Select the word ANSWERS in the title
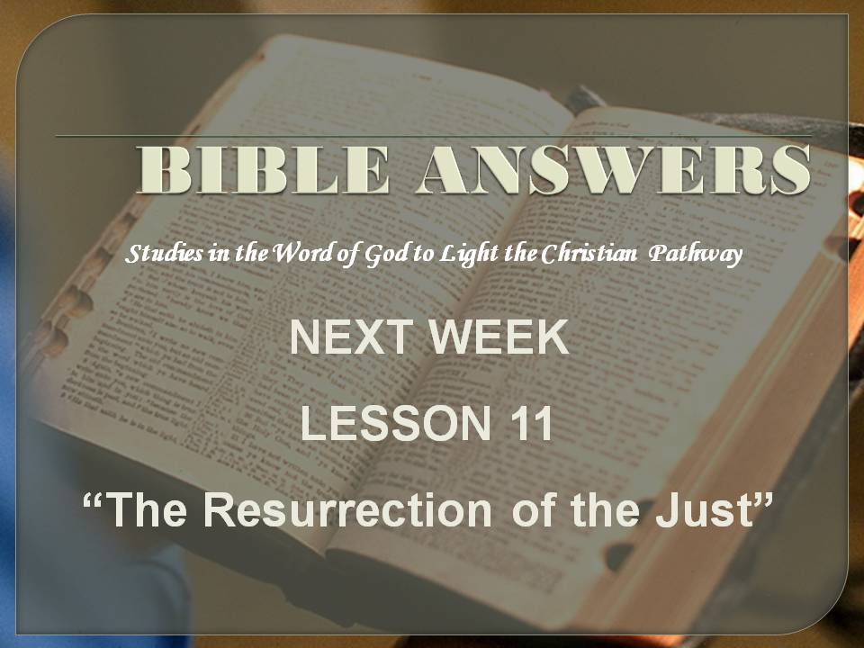[613, 169]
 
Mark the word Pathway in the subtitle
[696, 254]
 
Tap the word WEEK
[499, 337]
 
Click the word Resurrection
[347, 509]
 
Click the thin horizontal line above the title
[433, 136]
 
